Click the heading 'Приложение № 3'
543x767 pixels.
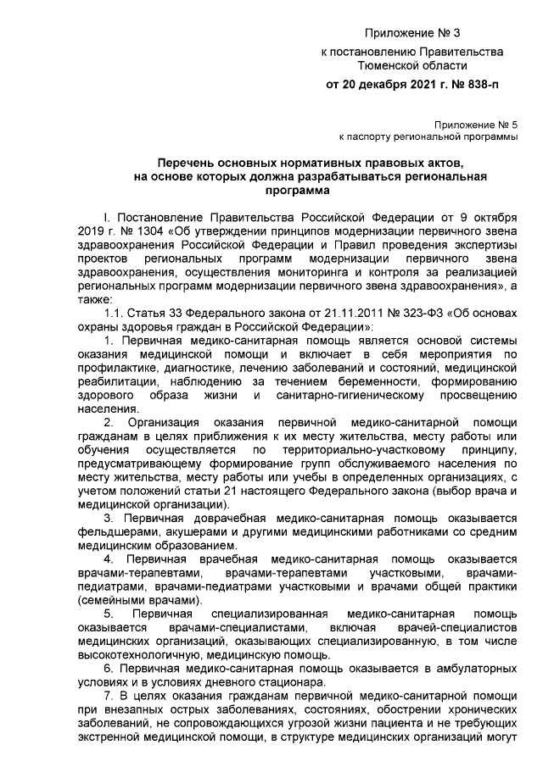411,34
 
